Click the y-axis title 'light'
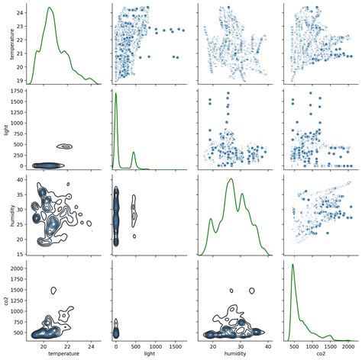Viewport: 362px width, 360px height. [6, 130]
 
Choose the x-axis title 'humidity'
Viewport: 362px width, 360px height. [231, 355]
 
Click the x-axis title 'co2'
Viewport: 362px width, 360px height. [317, 355]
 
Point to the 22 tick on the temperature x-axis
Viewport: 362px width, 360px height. [67, 346]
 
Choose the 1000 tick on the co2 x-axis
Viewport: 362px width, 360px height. [316, 346]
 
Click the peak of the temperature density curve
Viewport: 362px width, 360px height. [50, 8]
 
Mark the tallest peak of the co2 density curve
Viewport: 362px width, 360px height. [293, 265]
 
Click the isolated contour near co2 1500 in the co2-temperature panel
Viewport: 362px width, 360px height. [53, 290]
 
